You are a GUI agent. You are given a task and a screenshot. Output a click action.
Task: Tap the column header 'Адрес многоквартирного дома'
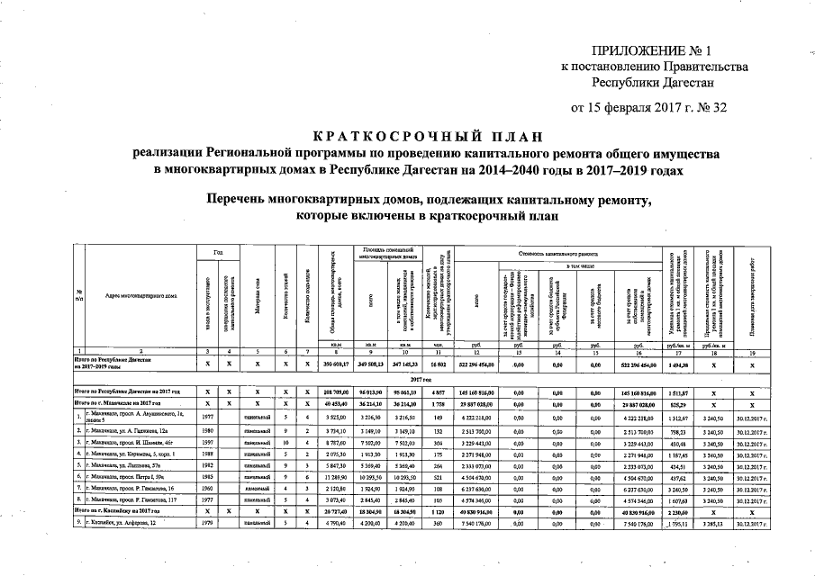coord(140,295)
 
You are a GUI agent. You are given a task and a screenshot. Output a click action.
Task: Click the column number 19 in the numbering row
coord(762,349)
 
